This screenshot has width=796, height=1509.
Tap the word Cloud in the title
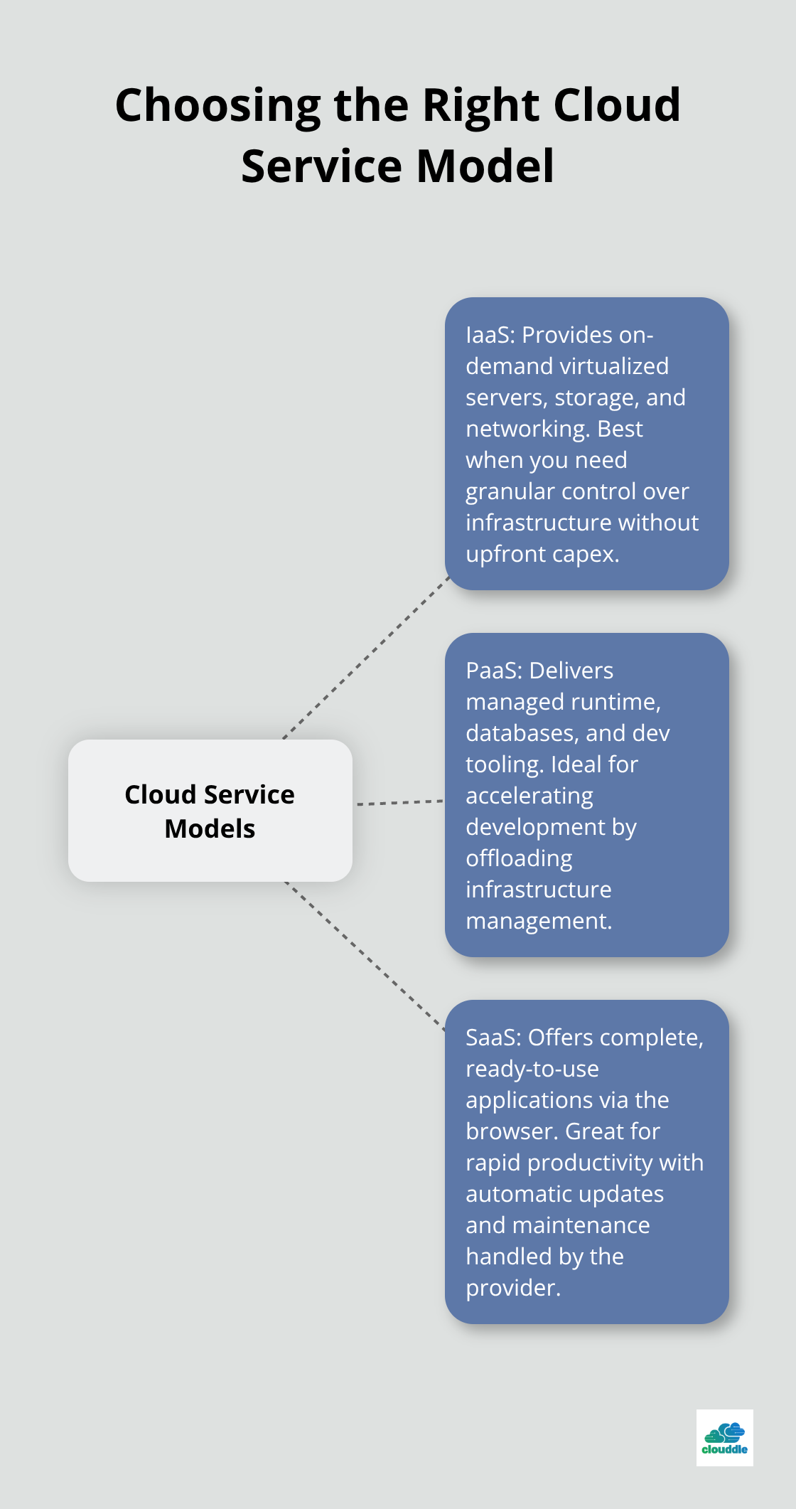point(616,105)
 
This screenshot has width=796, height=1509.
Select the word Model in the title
point(485,166)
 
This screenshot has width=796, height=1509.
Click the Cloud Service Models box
point(210,811)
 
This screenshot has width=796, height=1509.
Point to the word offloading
point(519,858)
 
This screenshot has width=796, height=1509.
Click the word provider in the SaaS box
point(511,1288)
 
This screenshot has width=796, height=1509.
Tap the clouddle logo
point(724,1438)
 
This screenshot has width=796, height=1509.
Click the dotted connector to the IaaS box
point(366,658)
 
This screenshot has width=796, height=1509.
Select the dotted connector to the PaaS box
point(399,802)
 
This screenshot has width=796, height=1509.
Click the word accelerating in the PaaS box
point(529,796)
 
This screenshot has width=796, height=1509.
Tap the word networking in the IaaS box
point(528,429)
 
